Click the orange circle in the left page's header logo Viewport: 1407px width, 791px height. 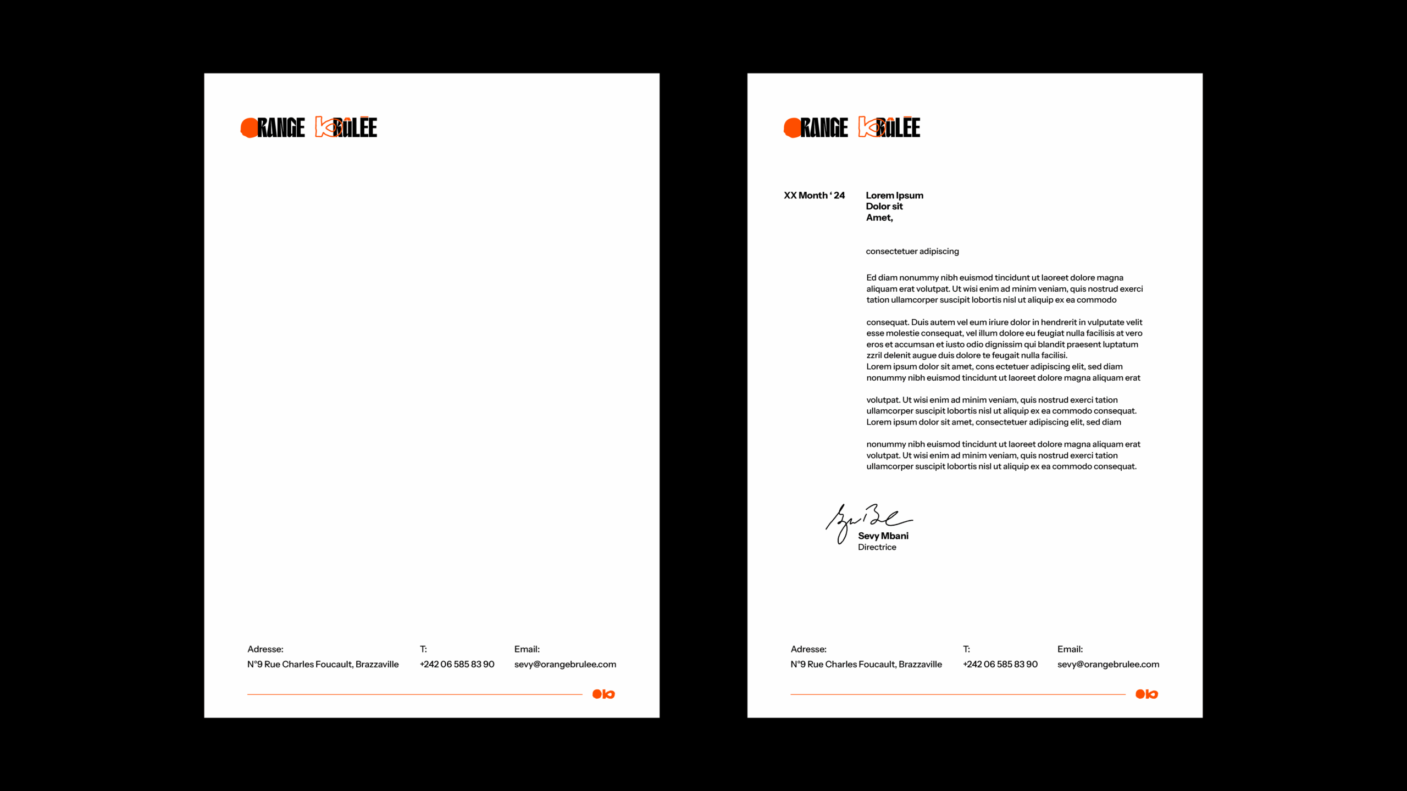click(x=249, y=127)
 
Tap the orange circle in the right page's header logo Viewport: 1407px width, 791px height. click(x=792, y=127)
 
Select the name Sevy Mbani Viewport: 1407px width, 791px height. click(x=883, y=536)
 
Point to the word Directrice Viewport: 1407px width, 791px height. click(x=877, y=547)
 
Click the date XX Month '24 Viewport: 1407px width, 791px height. click(x=814, y=196)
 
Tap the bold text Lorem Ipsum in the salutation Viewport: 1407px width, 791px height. click(x=894, y=196)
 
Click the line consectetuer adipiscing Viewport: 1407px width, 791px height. click(x=912, y=252)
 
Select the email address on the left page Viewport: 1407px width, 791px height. click(x=565, y=664)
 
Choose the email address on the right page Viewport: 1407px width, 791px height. click(x=1108, y=664)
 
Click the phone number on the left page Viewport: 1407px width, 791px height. click(x=457, y=664)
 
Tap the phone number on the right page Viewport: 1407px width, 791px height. click(x=1000, y=664)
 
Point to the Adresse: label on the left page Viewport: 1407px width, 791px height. click(x=265, y=649)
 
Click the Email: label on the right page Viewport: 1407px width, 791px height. click(x=1070, y=649)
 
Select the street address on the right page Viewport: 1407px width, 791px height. click(x=866, y=664)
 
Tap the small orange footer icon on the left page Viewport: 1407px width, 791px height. click(x=603, y=694)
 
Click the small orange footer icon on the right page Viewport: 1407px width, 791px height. click(x=1146, y=694)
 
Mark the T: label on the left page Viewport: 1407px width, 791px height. click(x=423, y=649)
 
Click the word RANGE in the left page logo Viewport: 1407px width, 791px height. click(x=281, y=127)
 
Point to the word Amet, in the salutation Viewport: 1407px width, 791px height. click(x=879, y=218)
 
